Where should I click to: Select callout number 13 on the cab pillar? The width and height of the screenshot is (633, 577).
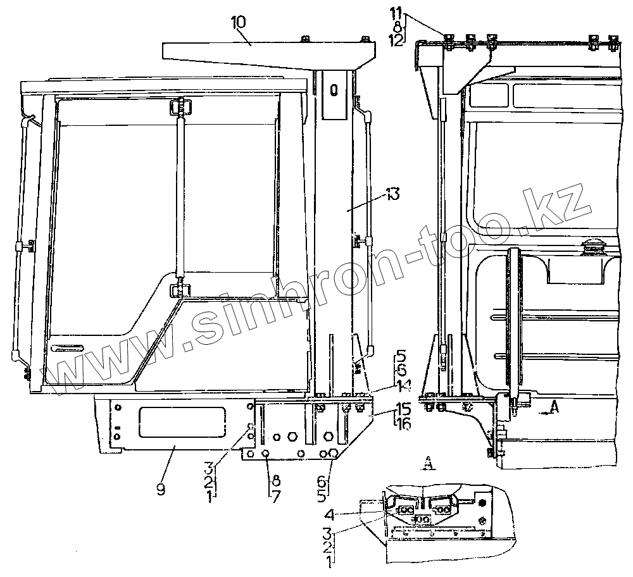393,194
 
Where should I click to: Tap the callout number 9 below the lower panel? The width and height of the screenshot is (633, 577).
160,490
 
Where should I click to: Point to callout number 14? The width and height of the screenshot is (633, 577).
401,384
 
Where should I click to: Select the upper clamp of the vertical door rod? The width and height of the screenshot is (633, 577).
179,108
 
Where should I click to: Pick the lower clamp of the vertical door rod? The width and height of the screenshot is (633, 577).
179,288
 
